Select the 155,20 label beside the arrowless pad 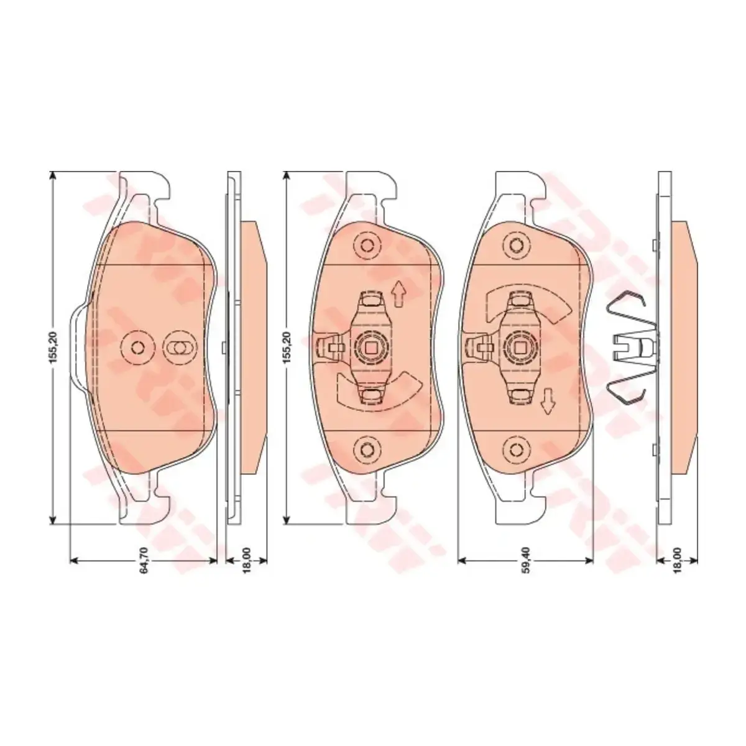click(x=54, y=346)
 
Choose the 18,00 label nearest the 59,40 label click(x=678, y=560)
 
